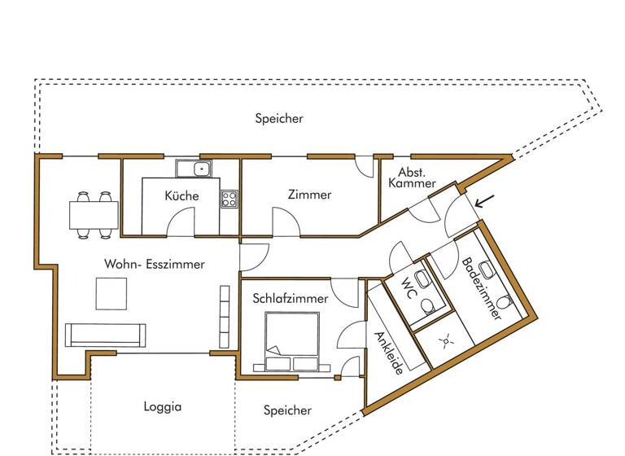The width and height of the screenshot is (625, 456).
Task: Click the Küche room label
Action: tap(181, 196)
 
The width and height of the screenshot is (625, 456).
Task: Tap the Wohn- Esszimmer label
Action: tap(154, 265)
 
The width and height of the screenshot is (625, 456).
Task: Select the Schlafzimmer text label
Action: tap(290, 299)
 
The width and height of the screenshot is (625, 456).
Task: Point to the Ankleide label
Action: tap(388, 353)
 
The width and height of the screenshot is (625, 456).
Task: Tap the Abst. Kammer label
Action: tap(416, 178)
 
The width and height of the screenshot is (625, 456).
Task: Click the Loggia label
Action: tap(162, 407)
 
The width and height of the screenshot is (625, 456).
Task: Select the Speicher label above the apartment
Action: tap(279, 119)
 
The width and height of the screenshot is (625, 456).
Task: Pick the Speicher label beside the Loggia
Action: tap(287, 410)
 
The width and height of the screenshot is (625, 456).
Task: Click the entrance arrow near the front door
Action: tap(484, 199)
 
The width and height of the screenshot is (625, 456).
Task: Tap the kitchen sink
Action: tap(194, 169)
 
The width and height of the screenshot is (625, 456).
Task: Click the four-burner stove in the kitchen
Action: tap(229, 199)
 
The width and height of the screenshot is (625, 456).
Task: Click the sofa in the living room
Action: tap(105, 334)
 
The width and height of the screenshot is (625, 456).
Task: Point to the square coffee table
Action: tap(111, 294)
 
